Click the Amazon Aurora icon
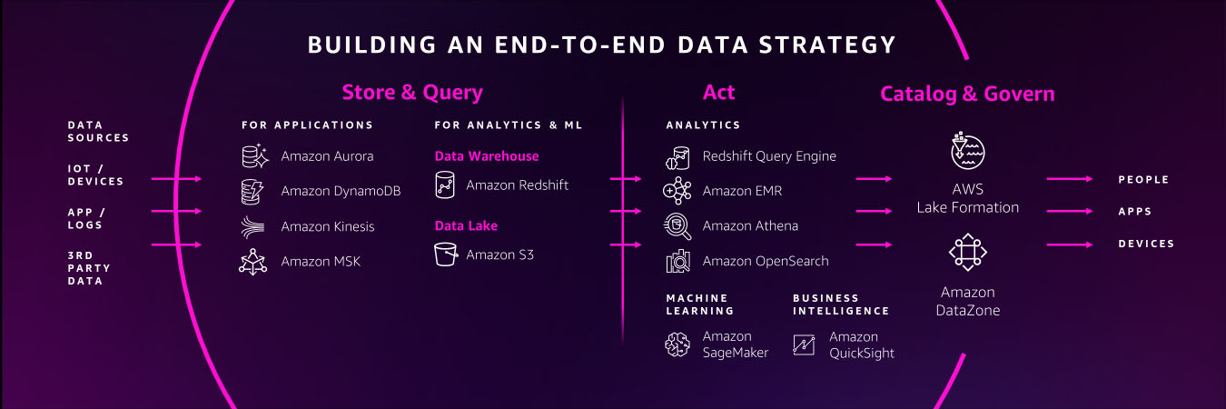pyautogui.click(x=255, y=156)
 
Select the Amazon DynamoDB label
pyautogui.click(x=341, y=191)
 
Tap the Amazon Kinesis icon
pyautogui.click(x=252, y=226)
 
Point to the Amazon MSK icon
pyautogui.click(x=252, y=262)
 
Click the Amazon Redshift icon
pyautogui.click(x=445, y=185)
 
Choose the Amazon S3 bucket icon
pyautogui.click(x=446, y=254)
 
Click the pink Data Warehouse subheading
pyautogui.click(x=487, y=156)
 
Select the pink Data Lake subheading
pyautogui.click(x=466, y=225)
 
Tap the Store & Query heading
pyautogui.click(x=412, y=92)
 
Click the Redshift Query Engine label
pyautogui.click(x=769, y=156)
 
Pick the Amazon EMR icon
pyautogui.click(x=677, y=191)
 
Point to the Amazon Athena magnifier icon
pyautogui.click(x=677, y=226)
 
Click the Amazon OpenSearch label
pyautogui.click(x=766, y=261)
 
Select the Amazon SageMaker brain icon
pyautogui.click(x=677, y=344)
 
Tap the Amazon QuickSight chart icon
pyautogui.click(x=804, y=344)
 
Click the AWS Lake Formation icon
pyautogui.click(x=968, y=151)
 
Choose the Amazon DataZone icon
pyautogui.click(x=968, y=252)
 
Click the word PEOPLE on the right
pyautogui.click(x=1143, y=180)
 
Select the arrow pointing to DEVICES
pyautogui.click(x=1070, y=244)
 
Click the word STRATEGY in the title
pyautogui.click(x=827, y=45)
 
